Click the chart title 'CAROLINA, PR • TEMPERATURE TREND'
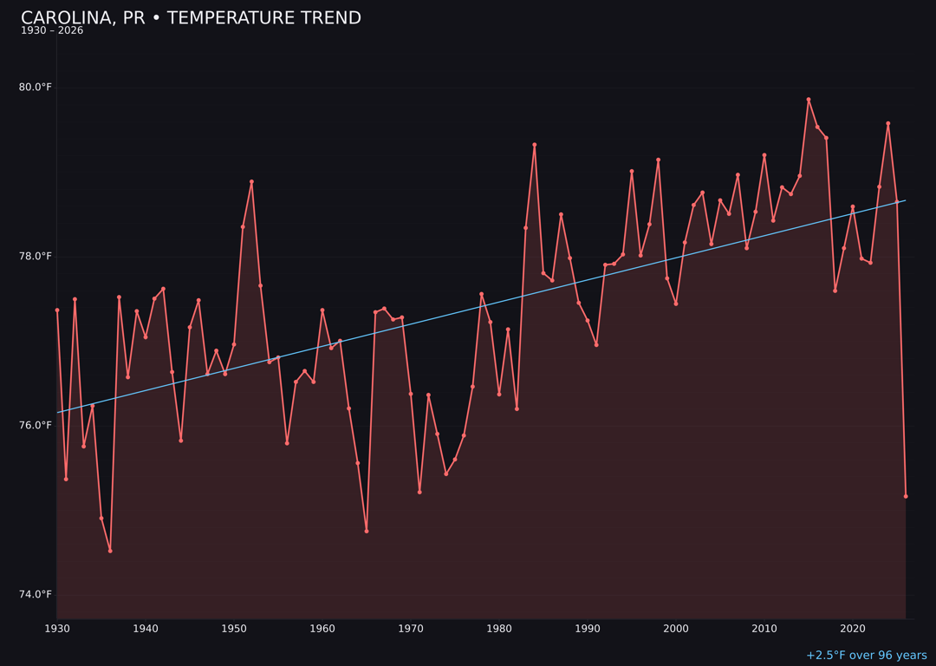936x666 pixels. (x=191, y=18)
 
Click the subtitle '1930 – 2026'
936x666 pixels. (x=52, y=31)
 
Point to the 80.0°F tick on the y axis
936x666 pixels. (x=36, y=87)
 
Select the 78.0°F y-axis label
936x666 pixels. (x=36, y=256)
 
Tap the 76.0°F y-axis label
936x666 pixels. (x=36, y=425)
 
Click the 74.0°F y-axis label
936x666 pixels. (x=36, y=594)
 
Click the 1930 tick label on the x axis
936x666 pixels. (x=57, y=628)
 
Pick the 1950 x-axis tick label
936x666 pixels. (x=234, y=628)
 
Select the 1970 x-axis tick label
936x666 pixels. (x=411, y=628)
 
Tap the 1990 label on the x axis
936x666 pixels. (x=588, y=628)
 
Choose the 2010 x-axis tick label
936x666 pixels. (x=764, y=628)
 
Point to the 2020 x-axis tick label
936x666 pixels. (x=853, y=628)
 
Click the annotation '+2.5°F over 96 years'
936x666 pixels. (x=866, y=656)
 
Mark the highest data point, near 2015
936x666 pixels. (x=809, y=100)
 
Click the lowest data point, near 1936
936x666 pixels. (x=110, y=551)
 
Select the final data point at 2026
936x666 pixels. (x=906, y=496)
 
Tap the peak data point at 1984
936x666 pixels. (x=535, y=145)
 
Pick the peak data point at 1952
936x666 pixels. (x=251, y=182)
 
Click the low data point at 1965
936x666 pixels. (x=367, y=531)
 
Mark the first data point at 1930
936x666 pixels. (x=57, y=310)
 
